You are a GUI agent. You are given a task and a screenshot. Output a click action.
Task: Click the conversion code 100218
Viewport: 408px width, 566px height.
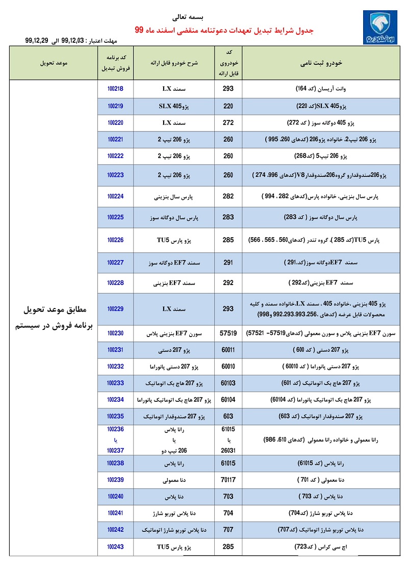tap(116, 89)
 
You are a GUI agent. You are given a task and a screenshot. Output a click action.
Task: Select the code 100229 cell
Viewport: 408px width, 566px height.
tap(116, 308)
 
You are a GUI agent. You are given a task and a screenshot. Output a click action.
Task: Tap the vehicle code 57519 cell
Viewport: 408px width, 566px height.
tap(228, 333)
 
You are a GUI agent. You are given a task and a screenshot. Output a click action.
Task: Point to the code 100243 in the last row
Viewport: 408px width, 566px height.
tap(116, 547)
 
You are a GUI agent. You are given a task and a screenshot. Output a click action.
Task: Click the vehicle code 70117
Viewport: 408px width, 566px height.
tap(228, 480)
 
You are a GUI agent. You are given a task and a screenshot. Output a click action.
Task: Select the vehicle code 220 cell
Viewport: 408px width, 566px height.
tap(228, 106)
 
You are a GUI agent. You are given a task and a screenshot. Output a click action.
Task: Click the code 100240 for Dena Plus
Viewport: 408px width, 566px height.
tap(116, 496)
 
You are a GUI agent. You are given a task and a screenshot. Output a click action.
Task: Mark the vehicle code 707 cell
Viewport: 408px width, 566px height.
tap(228, 530)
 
